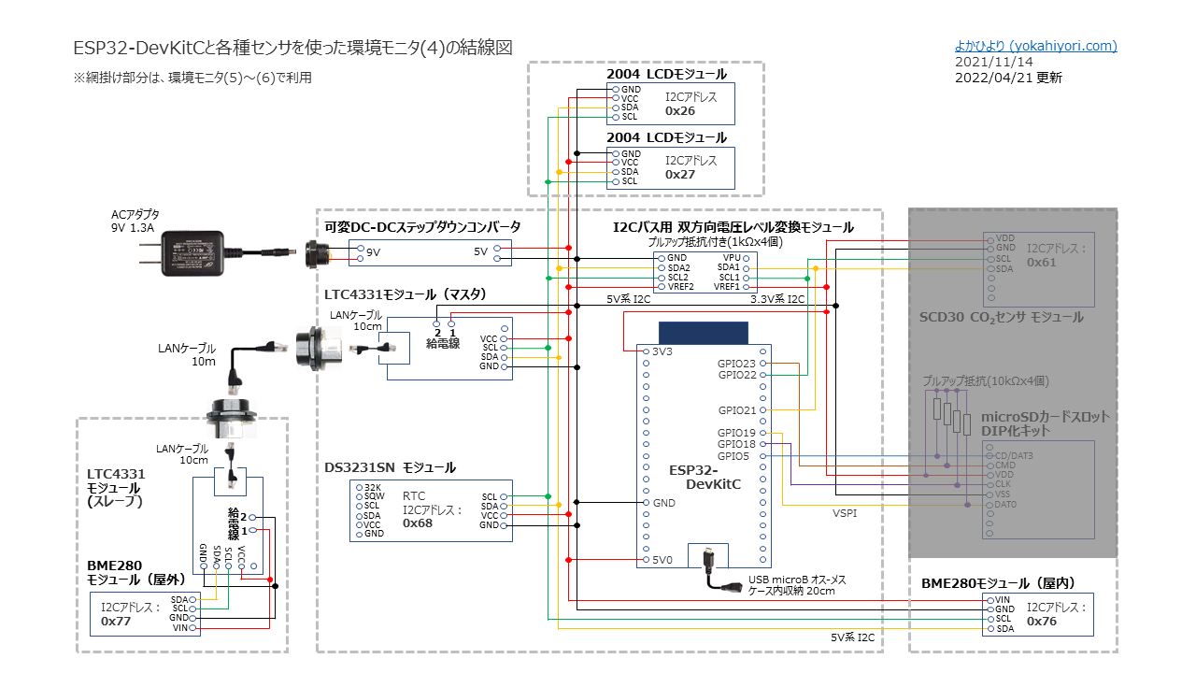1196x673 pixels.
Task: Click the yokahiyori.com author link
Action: pos(1035,46)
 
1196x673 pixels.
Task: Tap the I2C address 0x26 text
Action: pos(680,110)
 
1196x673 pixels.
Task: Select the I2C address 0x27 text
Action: pos(680,174)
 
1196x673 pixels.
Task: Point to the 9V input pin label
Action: pos(373,252)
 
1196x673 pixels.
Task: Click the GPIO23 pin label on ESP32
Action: pos(737,364)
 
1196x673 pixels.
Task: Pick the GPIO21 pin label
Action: pos(737,410)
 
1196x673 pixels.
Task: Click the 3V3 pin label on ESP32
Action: pos(662,351)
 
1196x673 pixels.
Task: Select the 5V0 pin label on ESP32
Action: pos(662,561)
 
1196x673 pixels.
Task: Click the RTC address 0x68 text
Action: pos(417,523)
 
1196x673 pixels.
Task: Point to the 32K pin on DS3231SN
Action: pos(373,487)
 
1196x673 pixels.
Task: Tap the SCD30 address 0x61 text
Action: pos(1042,263)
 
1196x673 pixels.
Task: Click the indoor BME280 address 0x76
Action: pos(1042,621)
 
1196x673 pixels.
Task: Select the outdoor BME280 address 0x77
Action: pos(116,621)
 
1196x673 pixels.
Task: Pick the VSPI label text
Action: pos(845,513)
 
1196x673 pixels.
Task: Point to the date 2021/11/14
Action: pos(994,62)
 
